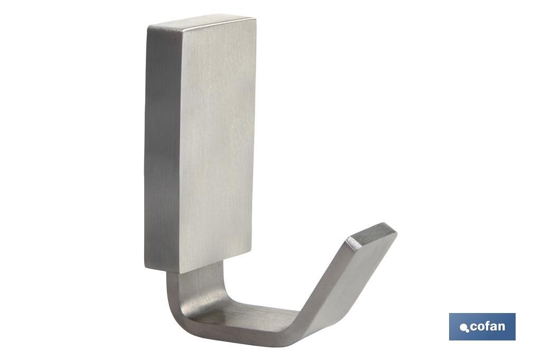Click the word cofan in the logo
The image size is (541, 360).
(x=487, y=327)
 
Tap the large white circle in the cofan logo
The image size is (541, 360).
(x=464, y=327)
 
